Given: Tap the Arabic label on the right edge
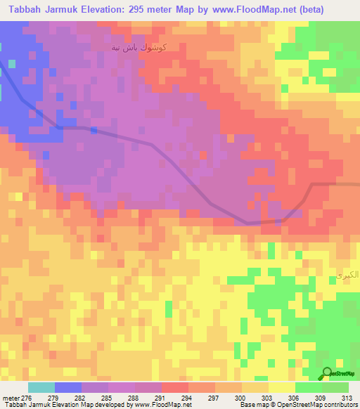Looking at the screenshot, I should coord(345,275).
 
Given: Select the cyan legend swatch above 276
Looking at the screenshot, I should coord(41,387).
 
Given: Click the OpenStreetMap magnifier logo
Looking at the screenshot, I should coord(326,372).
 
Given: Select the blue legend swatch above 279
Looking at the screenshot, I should coord(68,387).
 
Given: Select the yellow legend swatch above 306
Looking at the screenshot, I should coord(282,387).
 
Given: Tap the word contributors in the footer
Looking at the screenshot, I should coord(340,405).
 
